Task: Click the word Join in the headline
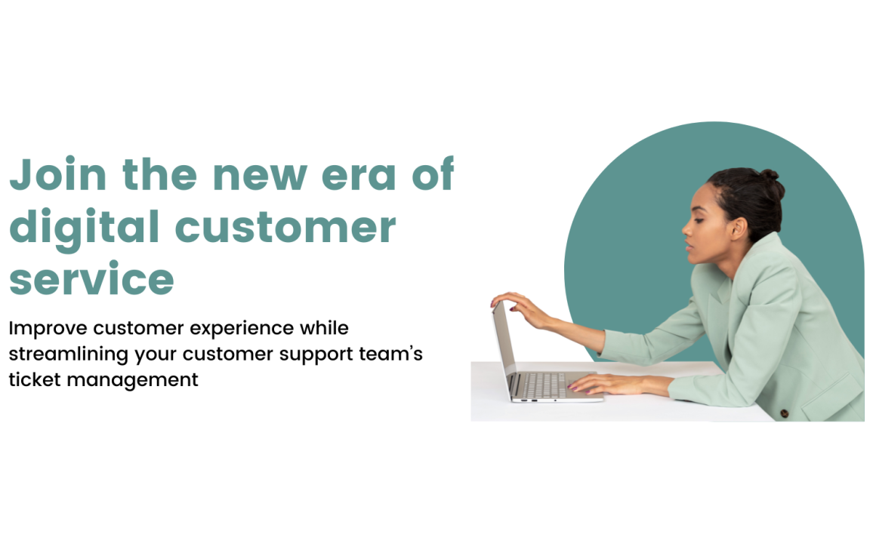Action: [x=58, y=174]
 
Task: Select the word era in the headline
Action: [x=359, y=176]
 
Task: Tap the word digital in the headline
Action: [x=85, y=229]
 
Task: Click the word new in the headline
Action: [x=260, y=176]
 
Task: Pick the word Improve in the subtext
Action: [x=48, y=329]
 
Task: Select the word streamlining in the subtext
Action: [x=69, y=354]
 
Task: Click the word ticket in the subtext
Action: [x=35, y=379]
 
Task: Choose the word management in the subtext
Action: [x=132, y=382]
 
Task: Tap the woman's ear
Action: [x=739, y=228]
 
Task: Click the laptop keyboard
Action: [x=544, y=385]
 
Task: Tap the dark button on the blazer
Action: [x=785, y=413]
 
